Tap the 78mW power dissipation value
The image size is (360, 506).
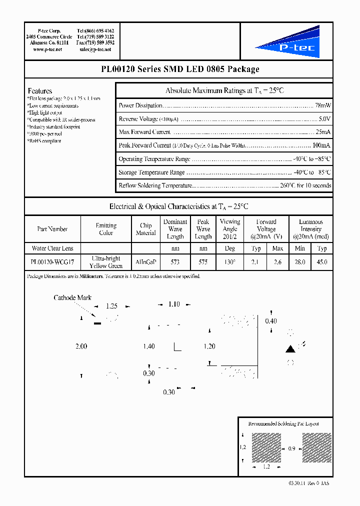323,105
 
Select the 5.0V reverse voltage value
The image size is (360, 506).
324,119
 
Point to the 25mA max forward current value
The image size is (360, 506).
323,132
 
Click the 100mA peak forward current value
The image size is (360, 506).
321,145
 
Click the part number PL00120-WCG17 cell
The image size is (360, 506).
52,262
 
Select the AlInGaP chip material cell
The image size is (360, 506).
145,262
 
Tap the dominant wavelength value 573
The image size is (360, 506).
175,262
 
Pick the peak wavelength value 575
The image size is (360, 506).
203,262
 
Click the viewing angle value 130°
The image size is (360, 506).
229,262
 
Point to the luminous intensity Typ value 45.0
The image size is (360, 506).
322,262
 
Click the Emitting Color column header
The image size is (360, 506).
106,229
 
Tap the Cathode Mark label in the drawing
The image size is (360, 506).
72,297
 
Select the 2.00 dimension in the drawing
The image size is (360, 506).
81,346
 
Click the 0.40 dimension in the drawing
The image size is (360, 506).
271,321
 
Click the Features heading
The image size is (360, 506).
40,91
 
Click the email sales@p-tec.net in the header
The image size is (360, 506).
97,50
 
